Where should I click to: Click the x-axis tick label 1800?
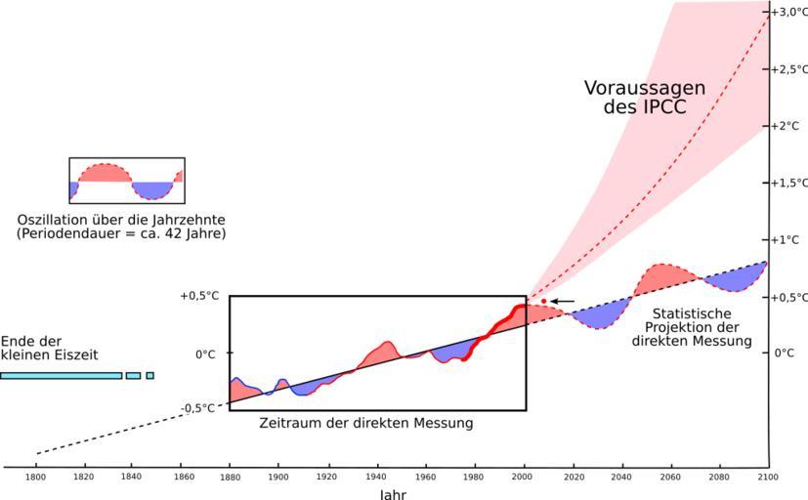tap(36, 478)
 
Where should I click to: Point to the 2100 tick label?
tap(767, 478)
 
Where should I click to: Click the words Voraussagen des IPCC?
tap(644, 97)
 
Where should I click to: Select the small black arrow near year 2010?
tap(564, 301)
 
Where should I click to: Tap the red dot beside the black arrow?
tap(543, 301)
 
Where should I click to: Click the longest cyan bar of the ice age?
tap(61, 375)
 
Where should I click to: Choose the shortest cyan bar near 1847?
tap(149, 375)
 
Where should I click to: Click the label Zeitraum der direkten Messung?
tap(366, 424)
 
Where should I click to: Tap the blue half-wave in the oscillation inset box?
tap(149, 189)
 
